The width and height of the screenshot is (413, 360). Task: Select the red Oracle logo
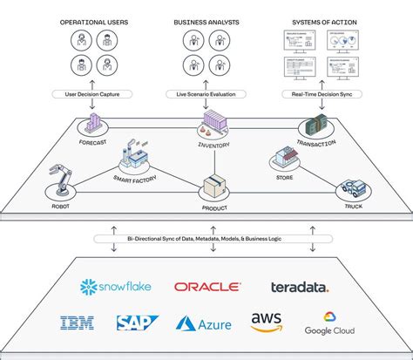(x=206, y=287)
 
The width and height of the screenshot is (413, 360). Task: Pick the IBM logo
(x=78, y=323)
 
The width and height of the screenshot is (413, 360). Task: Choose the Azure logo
(x=204, y=323)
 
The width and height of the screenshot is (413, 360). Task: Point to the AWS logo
(x=266, y=323)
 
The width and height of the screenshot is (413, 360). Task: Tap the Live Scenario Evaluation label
(x=206, y=93)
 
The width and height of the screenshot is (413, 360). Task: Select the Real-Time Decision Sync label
(x=322, y=93)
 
